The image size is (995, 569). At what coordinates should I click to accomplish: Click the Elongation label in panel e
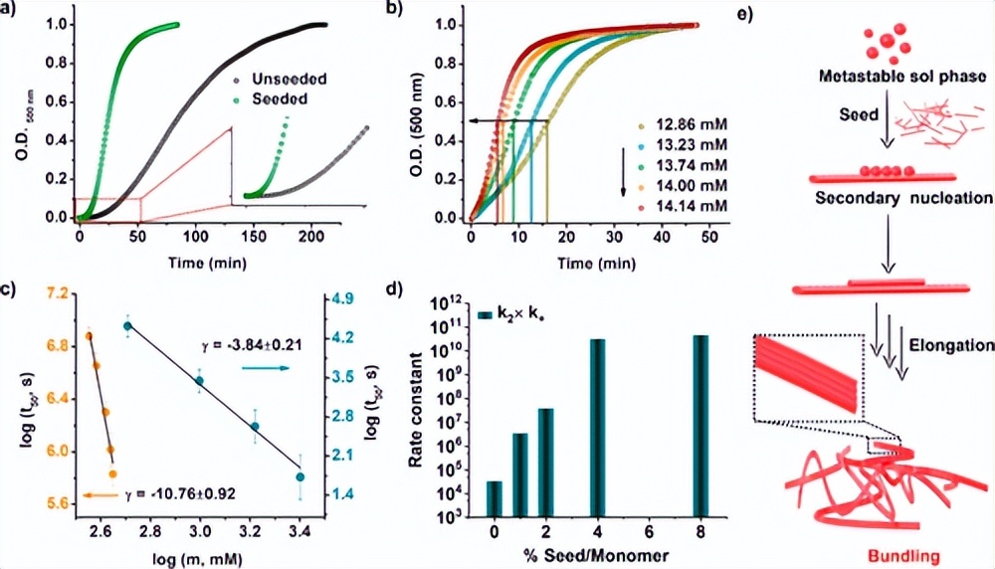point(950,345)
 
